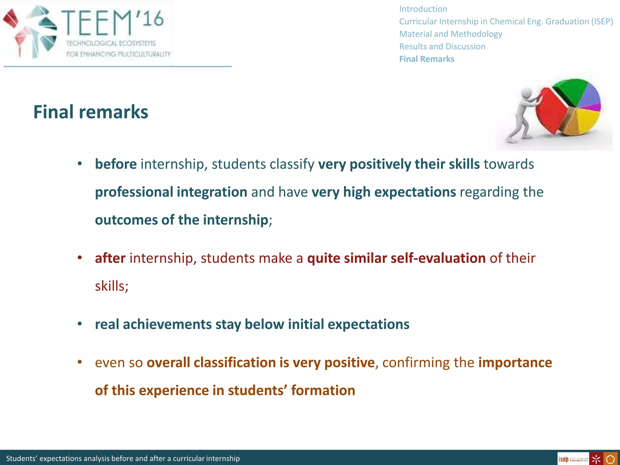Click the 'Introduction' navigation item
pos(423,9)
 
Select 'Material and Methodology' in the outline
pos(450,34)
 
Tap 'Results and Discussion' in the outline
pos(442,47)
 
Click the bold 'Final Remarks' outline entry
pos(427,59)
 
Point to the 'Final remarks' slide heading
pos(91,112)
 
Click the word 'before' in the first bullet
pos(116,164)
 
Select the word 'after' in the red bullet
pos(110,258)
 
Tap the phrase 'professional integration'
pos(171,192)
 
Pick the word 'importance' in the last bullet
pos(515,363)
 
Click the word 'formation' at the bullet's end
pos(323,391)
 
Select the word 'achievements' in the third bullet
pos(167,325)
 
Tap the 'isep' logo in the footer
pos(564,459)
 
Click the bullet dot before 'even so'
pos(80,362)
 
